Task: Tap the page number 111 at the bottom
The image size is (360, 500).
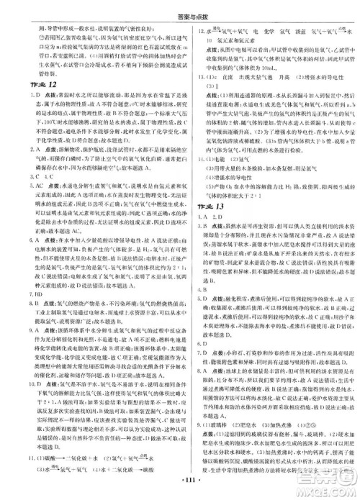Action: (180, 491)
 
